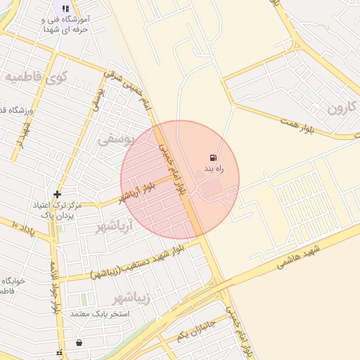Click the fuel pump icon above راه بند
(213, 157)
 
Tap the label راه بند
(214, 169)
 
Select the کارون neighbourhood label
(342, 108)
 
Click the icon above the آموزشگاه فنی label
(65, 9)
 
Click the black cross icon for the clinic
(57, 194)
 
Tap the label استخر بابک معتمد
(98, 313)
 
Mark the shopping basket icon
(79, 343)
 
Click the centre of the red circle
(180, 180)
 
